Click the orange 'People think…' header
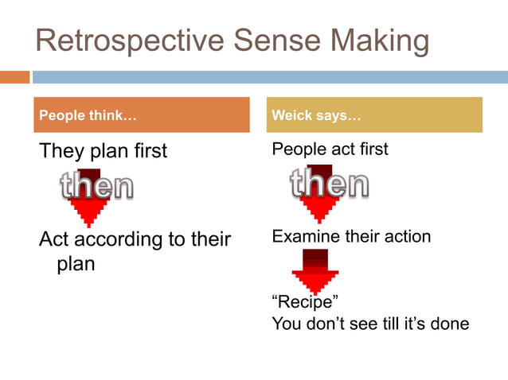tap(142, 116)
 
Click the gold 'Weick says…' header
tap(374, 116)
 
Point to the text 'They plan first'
tap(104, 151)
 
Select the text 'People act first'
tap(330, 149)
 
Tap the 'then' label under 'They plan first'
tap(96, 187)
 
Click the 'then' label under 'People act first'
tap(329, 184)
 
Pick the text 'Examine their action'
tap(351, 237)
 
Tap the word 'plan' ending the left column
tap(75, 264)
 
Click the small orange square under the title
tap(14, 77)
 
